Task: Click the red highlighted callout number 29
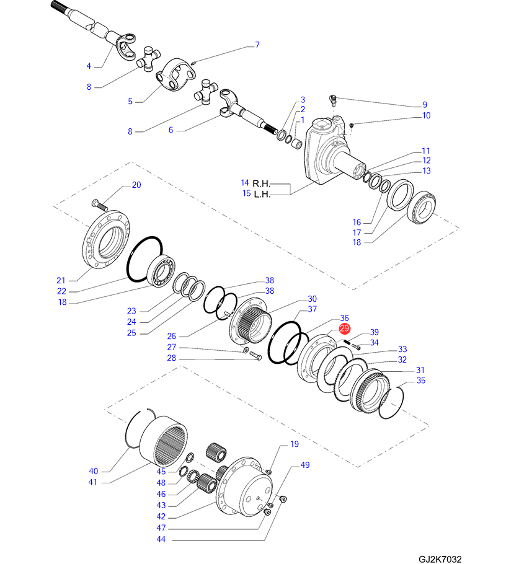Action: pyautogui.click(x=344, y=328)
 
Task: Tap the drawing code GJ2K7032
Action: pyautogui.click(x=440, y=558)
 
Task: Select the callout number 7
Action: pyautogui.click(x=257, y=45)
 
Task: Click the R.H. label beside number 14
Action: pyautogui.click(x=261, y=184)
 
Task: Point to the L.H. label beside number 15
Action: pyautogui.click(x=262, y=195)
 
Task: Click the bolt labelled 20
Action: pyautogui.click(x=100, y=205)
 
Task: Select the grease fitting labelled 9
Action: pyautogui.click(x=332, y=100)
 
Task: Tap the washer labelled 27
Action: pyautogui.click(x=246, y=350)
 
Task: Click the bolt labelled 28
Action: pyautogui.click(x=255, y=356)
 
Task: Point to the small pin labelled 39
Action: pyautogui.click(x=347, y=341)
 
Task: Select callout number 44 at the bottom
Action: pyautogui.click(x=161, y=539)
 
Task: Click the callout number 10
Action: pyautogui.click(x=426, y=115)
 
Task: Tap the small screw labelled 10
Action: pyautogui.click(x=352, y=125)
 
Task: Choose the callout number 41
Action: pyautogui.click(x=93, y=482)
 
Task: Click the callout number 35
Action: pyautogui.click(x=421, y=380)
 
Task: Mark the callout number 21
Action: pyautogui.click(x=61, y=280)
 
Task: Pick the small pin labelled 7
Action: pyautogui.click(x=193, y=63)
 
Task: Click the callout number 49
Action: pyautogui.click(x=305, y=465)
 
